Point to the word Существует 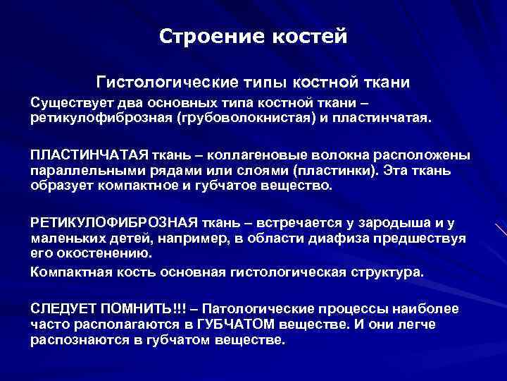[71, 102]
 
